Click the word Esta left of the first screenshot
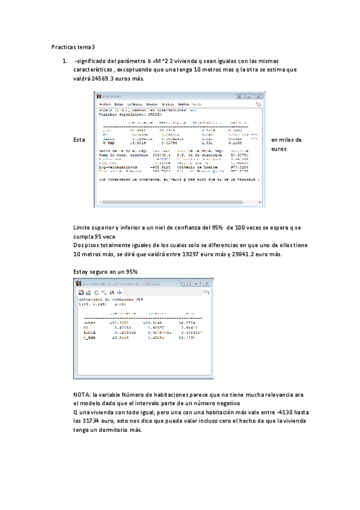coord(79,140)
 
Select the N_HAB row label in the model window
coord(109,143)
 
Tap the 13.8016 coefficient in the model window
coord(138,143)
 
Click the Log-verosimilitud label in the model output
coord(117,165)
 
